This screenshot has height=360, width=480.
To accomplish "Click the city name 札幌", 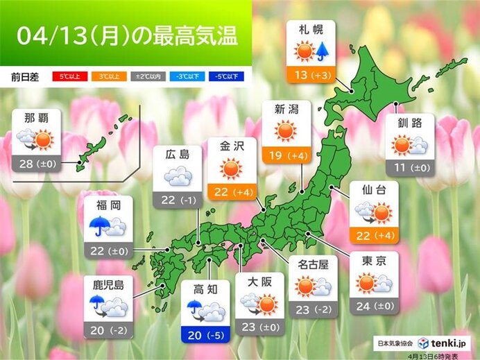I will click(x=310, y=31).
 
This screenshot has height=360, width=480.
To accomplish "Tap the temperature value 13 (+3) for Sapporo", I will click(x=310, y=75).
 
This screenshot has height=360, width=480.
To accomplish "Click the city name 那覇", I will click(x=35, y=117).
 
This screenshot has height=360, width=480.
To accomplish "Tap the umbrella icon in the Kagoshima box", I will click(x=96, y=302).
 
